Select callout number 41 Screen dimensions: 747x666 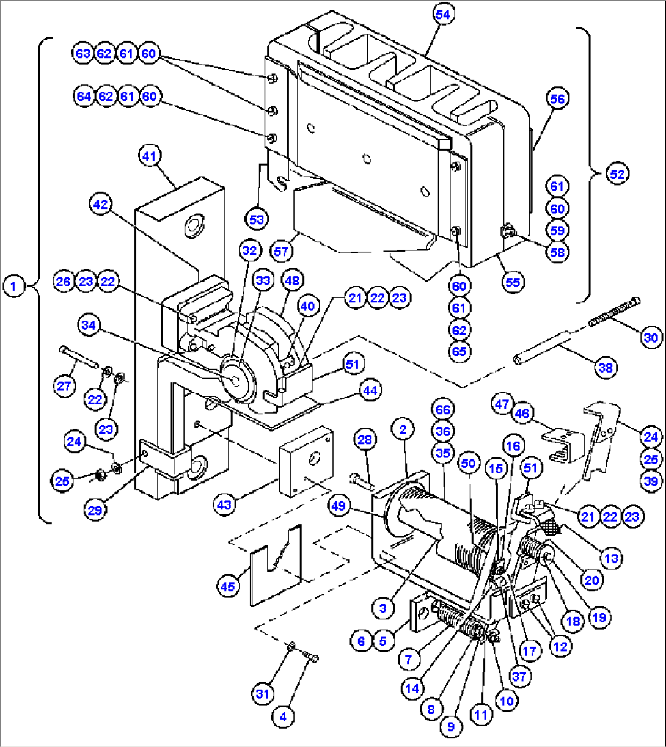pos(150,156)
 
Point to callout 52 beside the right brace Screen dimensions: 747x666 pos(617,173)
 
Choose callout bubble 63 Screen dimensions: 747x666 pos(83,54)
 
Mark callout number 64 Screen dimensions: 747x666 pos(84,97)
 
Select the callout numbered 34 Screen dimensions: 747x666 pos(89,326)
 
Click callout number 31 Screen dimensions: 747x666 pos(262,694)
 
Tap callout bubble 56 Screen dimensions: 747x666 pos(557,99)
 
